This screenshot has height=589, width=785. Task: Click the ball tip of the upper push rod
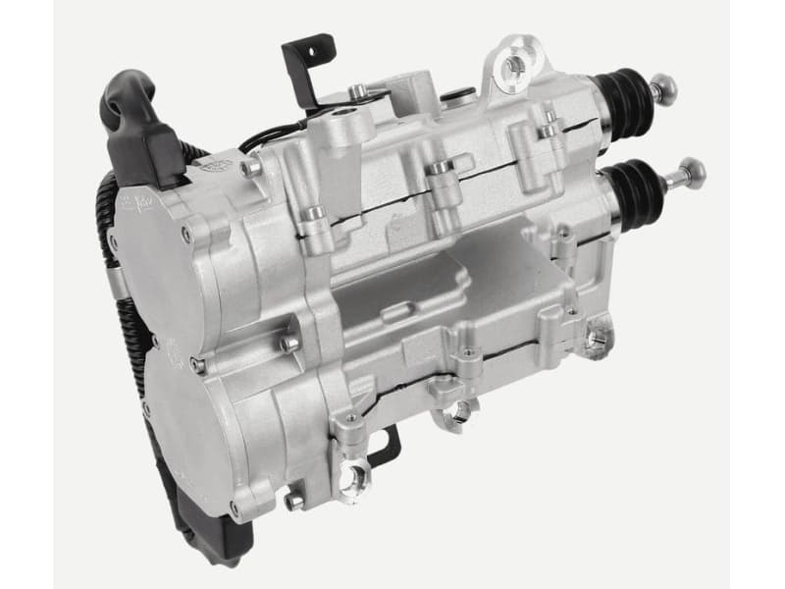point(667,91)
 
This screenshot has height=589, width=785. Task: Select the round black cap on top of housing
point(455,96)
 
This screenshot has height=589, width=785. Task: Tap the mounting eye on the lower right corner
point(593,339)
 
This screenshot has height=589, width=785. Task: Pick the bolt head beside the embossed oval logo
point(252,170)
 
